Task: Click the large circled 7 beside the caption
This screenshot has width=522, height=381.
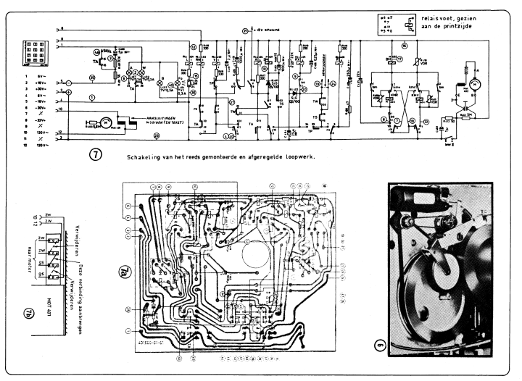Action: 96,155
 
